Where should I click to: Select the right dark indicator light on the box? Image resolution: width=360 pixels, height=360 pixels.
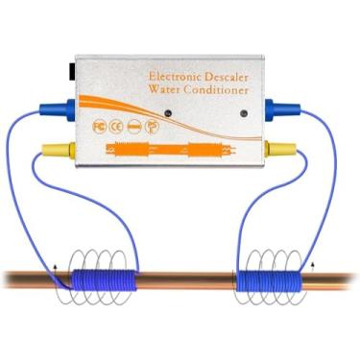(x=237, y=113)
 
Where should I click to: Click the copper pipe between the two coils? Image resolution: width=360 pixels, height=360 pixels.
(x=187, y=281)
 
